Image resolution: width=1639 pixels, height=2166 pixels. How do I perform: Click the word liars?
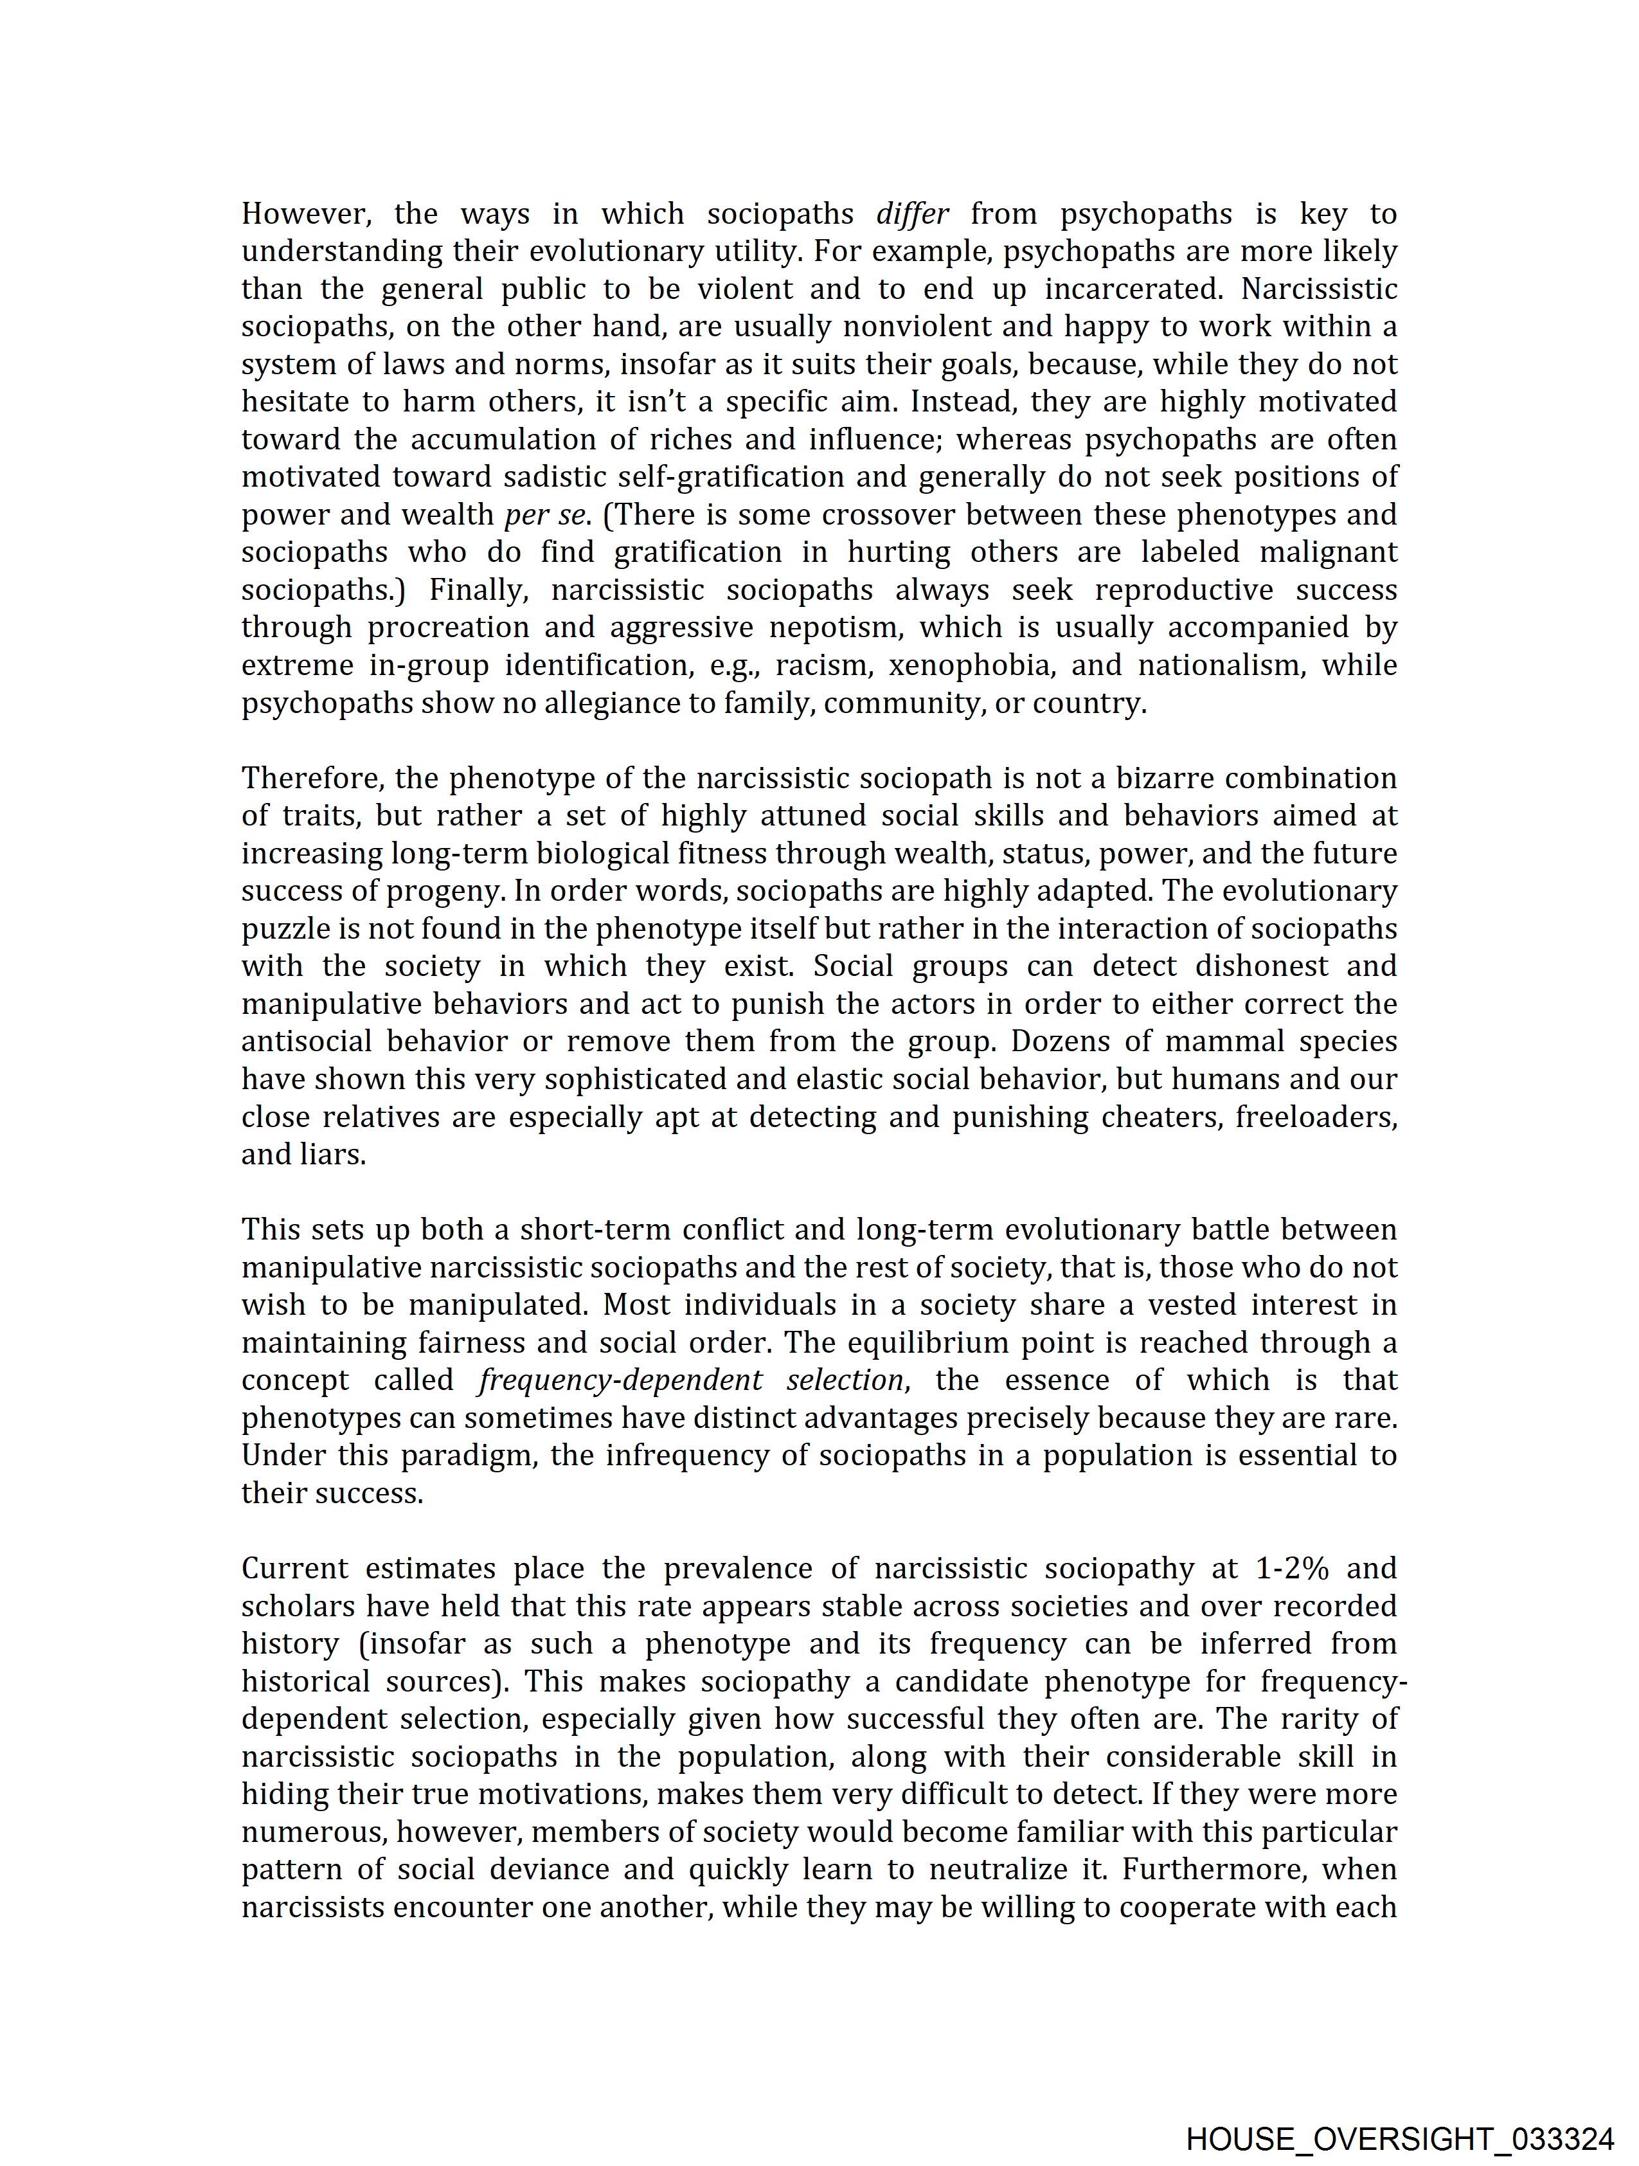coord(334,1155)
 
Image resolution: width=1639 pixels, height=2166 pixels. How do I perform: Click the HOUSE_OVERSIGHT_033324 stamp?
coord(1400,2134)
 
